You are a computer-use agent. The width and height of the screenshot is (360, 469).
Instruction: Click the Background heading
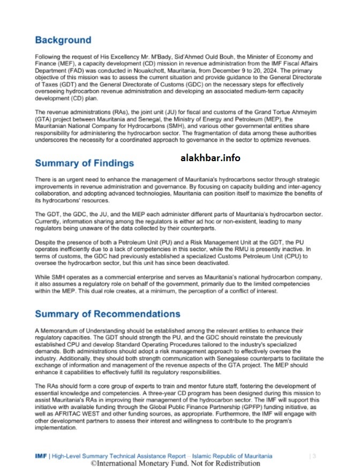[x=63, y=40]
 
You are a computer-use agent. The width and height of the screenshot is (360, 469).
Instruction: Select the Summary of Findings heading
[x=84, y=163]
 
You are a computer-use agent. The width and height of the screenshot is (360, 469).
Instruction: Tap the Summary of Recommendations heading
[x=107, y=314]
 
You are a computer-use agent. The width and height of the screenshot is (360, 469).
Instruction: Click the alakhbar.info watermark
[x=210, y=157]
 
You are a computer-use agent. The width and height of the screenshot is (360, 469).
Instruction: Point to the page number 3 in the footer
[x=313, y=456]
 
